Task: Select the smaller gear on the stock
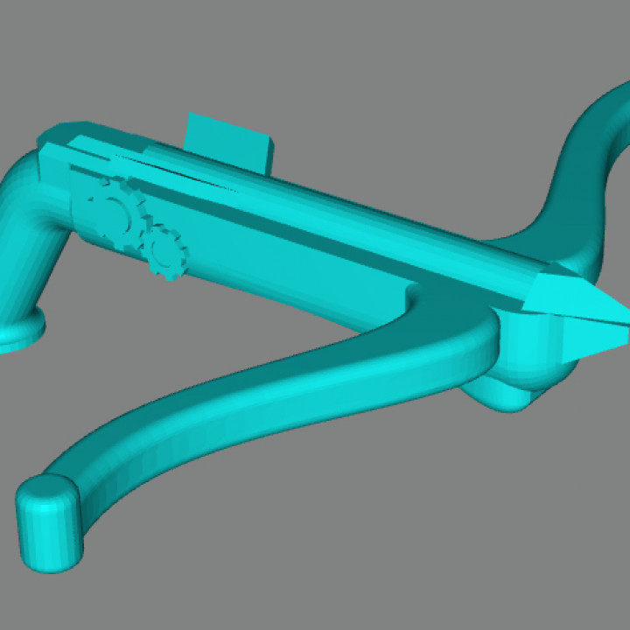tap(164, 253)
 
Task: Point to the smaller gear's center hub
tap(164, 253)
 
